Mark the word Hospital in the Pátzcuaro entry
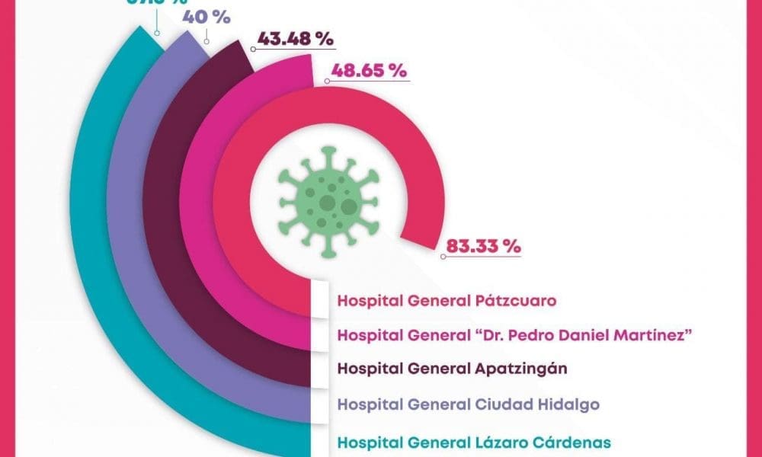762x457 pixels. (x=369, y=300)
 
